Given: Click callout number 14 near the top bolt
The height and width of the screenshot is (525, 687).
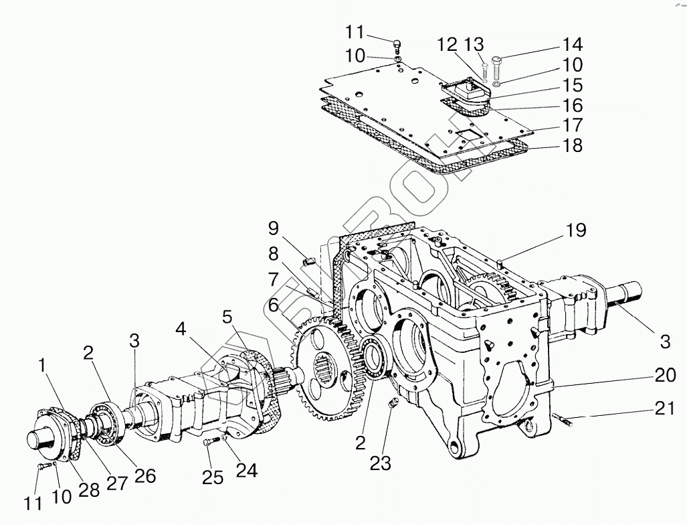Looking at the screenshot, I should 573,46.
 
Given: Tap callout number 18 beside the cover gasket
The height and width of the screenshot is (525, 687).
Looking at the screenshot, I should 573,145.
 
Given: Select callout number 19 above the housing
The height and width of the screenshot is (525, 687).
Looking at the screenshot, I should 575,232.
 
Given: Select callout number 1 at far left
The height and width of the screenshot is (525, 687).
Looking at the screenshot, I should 43,367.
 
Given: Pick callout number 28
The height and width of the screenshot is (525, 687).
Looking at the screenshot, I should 90,489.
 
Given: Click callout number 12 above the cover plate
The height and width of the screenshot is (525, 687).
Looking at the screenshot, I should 447,46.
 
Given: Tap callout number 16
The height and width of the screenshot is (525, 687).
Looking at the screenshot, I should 573,106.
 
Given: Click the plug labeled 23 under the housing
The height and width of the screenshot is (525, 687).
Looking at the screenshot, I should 393,402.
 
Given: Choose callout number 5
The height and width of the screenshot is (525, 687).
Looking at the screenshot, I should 227,315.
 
